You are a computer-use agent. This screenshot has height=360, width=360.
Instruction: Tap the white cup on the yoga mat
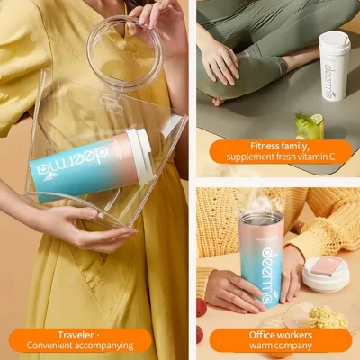(x=334, y=66)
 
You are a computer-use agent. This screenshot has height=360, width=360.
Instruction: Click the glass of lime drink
(x=309, y=126)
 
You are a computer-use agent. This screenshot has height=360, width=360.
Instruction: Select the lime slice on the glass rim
(x=317, y=119)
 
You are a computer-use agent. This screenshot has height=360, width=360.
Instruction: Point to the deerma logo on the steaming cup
(x=267, y=274)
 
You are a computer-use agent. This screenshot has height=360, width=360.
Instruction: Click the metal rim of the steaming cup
(x=260, y=215)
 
